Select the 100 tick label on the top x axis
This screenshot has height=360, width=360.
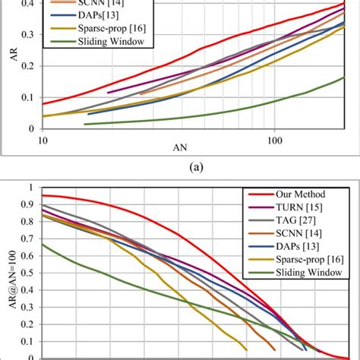click(x=275, y=141)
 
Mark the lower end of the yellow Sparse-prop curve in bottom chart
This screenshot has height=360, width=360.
click(x=246, y=349)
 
